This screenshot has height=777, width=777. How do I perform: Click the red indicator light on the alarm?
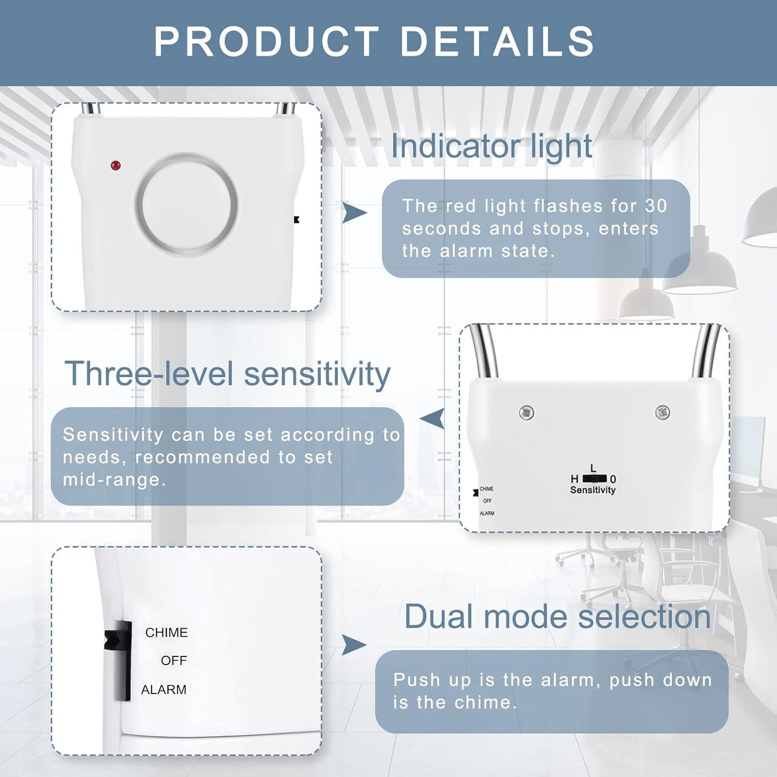coord(115,166)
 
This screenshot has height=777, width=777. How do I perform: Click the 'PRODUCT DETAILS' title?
coord(374,41)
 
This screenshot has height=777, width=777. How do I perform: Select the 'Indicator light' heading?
coord(491,146)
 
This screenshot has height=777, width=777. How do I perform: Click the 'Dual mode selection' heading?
coord(557,616)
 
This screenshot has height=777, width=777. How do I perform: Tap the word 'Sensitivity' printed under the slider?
coord(593,490)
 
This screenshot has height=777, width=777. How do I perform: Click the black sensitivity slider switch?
coord(595,478)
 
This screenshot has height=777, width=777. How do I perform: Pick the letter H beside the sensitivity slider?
coord(574,479)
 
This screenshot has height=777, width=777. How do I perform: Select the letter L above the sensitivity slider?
coord(593,468)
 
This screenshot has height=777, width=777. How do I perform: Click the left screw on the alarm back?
coord(526,412)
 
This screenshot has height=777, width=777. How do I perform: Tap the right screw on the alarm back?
coord(662,412)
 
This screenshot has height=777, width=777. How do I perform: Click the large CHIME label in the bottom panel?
coord(166,632)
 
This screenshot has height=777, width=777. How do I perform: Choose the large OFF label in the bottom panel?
coord(174,661)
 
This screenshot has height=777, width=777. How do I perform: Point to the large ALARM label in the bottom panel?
coord(164,690)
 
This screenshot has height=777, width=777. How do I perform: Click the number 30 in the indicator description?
coord(656,206)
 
